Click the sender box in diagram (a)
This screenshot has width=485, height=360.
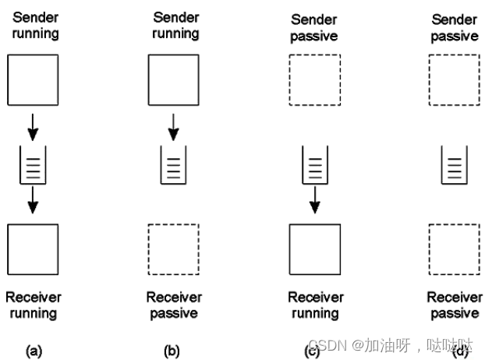point(33,79)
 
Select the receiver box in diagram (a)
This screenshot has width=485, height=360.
point(33,249)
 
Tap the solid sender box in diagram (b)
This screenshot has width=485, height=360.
point(172,79)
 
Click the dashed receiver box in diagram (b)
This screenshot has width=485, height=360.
point(172,249)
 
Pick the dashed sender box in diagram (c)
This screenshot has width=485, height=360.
point(314,79)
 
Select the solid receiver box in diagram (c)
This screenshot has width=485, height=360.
point(314,249)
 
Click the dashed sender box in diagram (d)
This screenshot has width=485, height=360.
point(454,79)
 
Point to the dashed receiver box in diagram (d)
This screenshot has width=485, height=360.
point(454,249)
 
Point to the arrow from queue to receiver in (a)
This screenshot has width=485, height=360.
point(33,201)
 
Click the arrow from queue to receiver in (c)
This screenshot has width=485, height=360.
point(314,201)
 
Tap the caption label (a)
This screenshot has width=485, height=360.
point(33,351)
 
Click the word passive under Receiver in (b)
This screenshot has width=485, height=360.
point(174,313)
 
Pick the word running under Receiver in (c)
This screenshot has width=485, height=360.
point(315,313)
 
